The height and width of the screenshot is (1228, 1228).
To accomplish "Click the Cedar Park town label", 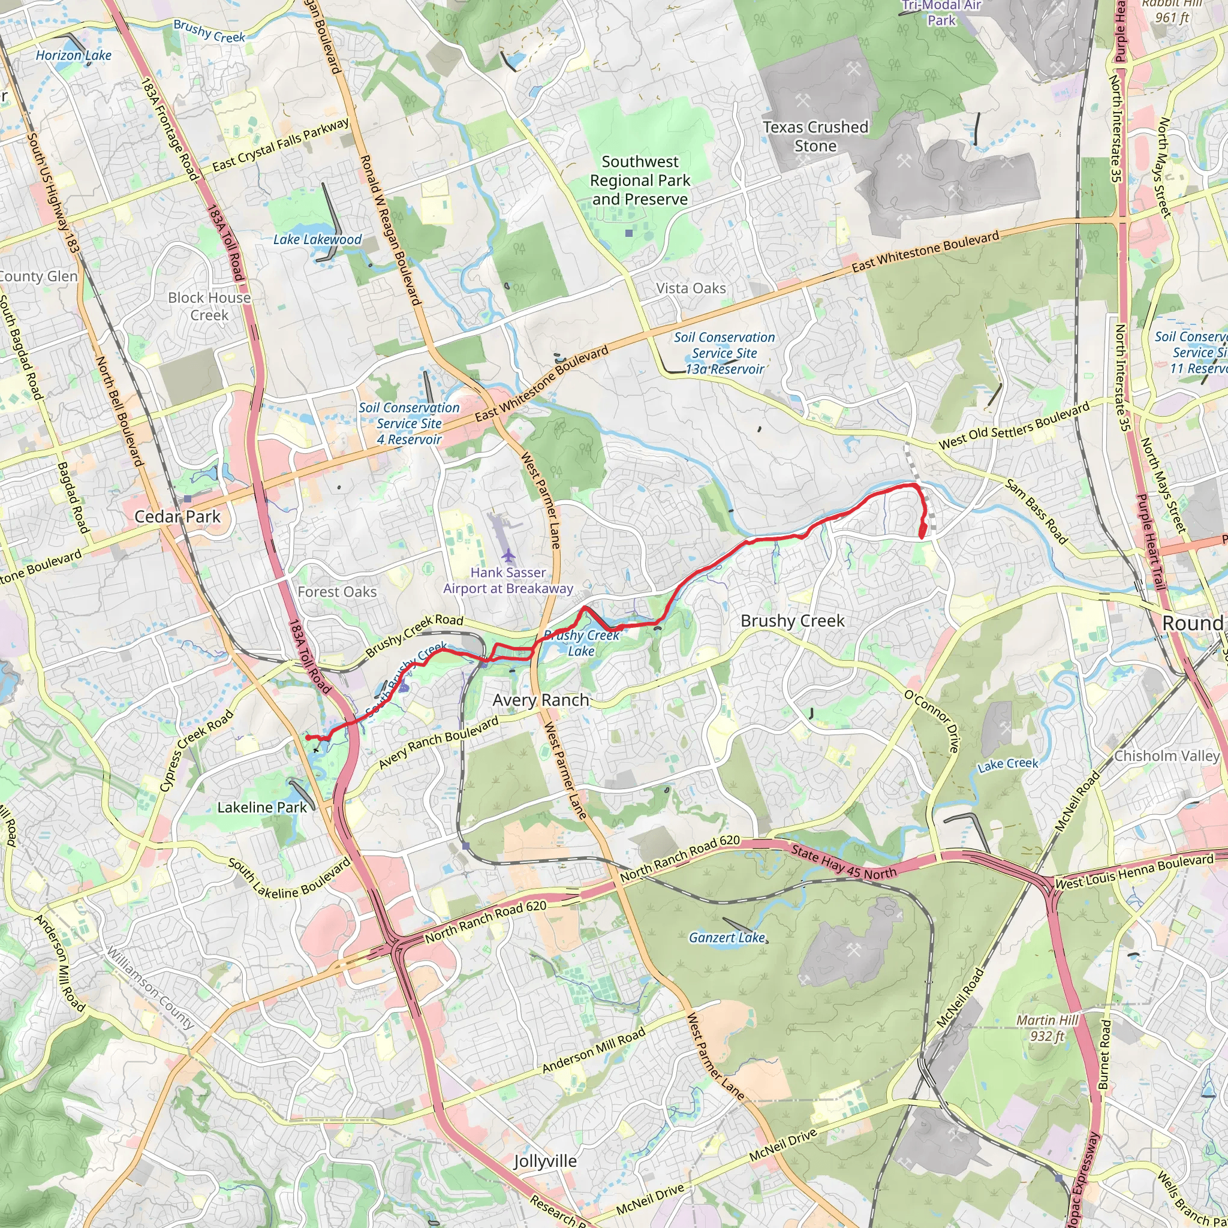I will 177,517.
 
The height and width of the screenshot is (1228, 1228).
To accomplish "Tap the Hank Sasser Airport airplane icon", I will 508,555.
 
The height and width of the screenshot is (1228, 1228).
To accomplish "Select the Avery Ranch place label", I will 541,700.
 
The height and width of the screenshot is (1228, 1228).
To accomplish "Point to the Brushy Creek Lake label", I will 582,643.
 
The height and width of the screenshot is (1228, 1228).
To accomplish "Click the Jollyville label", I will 546,1161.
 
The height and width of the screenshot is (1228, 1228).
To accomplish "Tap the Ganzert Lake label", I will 727,938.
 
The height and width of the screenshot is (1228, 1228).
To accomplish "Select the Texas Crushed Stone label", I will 815,137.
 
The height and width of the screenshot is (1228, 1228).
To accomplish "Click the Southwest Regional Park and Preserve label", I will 640,180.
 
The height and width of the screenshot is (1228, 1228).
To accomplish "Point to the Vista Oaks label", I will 691,288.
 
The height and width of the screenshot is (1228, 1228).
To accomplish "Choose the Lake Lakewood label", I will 317,240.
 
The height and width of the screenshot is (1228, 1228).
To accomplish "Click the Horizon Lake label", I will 74,55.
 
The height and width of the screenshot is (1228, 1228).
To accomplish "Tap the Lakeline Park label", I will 262,807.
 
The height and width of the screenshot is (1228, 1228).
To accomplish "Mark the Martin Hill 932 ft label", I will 1048,1028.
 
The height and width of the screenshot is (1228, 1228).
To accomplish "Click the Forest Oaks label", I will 337,592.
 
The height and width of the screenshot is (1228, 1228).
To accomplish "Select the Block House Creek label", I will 209,306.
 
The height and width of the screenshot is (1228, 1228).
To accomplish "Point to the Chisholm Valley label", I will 1167,756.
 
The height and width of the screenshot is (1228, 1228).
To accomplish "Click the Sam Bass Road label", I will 1036,511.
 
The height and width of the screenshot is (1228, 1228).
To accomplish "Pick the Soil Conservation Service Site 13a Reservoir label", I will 724,353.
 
